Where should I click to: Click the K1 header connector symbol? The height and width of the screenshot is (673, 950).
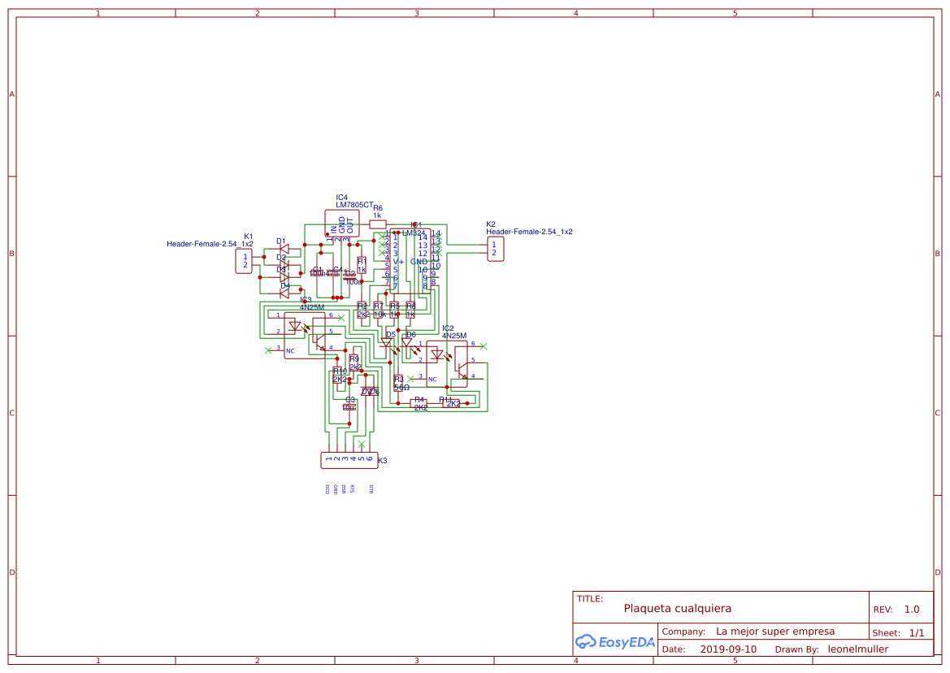(x=244, y=261)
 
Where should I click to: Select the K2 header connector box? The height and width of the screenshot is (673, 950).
(x=495, y=249)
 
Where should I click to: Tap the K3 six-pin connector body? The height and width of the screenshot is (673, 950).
(x=349, y=460)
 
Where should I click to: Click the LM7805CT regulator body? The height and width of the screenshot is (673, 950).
(x=341, y=224)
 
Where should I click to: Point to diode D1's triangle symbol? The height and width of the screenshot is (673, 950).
(x=284, y=249)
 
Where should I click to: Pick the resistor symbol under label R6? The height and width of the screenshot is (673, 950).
(x=377, y=224)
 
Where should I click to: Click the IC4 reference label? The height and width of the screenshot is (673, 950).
(x=341, y=198)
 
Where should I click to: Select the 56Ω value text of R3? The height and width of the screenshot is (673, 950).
(x=401, y=388)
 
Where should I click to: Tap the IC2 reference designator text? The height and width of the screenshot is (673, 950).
(x=448, y=328)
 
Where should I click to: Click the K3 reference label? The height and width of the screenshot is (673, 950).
(x=382, y=461)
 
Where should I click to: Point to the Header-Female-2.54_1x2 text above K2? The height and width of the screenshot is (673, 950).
(x=529, y=232)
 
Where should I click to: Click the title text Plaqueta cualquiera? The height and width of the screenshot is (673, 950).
(x=678, y=608)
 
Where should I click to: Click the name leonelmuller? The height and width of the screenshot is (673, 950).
(x=857, y=649)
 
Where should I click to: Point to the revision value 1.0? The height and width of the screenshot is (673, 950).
(x=911, y=609)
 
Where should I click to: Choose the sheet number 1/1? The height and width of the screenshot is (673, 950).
(x=916, y=632)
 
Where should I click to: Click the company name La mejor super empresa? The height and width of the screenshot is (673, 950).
(x=775, y=632)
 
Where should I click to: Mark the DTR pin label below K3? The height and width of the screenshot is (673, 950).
(x=371, y=488)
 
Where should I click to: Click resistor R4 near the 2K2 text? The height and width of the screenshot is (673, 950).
(x=419, y=403)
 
